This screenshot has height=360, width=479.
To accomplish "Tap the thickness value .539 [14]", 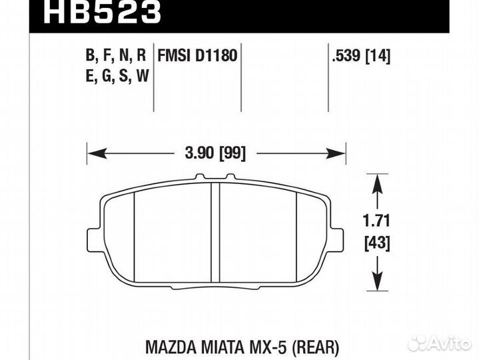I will [360, 55].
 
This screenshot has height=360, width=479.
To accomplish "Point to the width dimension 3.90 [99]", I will [216, 153].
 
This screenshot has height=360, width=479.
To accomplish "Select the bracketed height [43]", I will [378, 243].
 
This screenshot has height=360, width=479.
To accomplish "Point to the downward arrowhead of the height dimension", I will [378, 287].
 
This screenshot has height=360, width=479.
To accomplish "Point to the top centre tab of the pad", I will [215, 178].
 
